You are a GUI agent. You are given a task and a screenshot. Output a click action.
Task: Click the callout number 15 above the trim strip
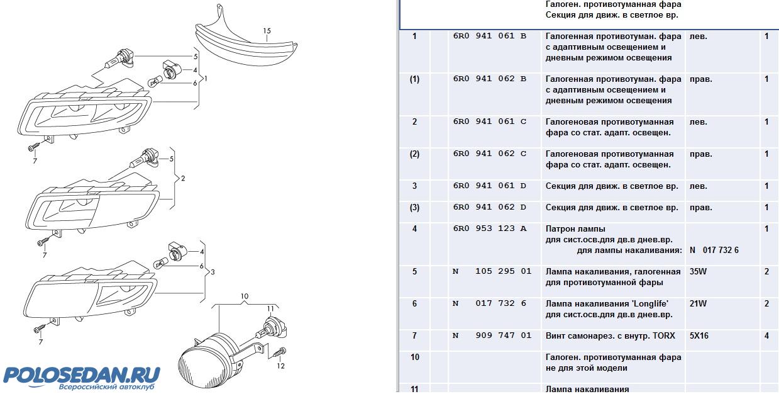tap(267, 31)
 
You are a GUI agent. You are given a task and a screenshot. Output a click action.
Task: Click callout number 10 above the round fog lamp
tap(245, 295)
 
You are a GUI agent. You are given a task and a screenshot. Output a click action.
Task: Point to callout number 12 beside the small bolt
tap(280, 366)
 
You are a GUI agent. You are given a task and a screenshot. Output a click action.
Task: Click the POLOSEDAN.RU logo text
tap(82, 374)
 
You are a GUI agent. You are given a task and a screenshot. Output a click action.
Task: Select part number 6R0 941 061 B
tap(489, 36)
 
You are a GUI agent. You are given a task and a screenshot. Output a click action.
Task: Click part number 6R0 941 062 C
tap(489, 154)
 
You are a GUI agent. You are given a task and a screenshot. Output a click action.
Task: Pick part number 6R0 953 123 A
tap(489, 228)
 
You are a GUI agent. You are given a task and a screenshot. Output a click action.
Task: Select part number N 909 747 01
tap(492, 335)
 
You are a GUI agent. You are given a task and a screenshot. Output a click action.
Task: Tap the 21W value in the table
tap(698, 303)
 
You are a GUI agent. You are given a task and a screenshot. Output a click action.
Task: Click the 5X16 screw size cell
tap(699, 335)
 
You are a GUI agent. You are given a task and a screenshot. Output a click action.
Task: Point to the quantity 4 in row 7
tap(766, 335)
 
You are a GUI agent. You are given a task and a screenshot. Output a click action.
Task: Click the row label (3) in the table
tap(414, 207)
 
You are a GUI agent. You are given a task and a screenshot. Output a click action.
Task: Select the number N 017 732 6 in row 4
tap(714, 250)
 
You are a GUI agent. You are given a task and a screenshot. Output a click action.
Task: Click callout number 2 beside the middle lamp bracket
tap(182, 178)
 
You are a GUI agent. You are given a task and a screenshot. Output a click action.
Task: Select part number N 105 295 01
tap(492, 271)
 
